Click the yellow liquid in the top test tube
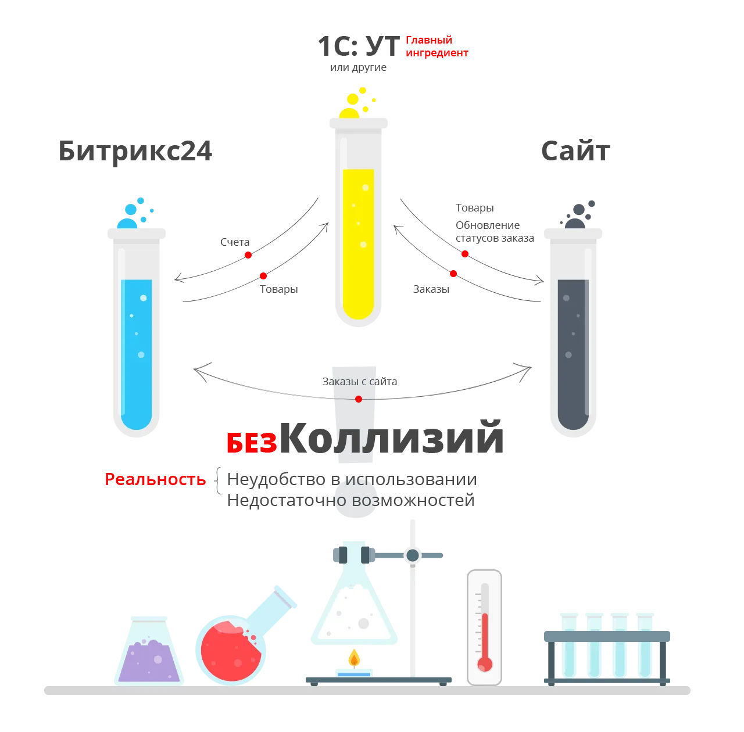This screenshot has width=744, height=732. (x=358, y=244)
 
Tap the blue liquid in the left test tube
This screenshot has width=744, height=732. (x=137, y=354)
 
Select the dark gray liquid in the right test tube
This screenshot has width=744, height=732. (x=573, y=354)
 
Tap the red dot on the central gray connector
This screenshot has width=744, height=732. (x=359, y=399)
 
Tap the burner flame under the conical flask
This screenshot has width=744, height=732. (x=353, y=660)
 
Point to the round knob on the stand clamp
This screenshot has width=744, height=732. (x=413, y=555)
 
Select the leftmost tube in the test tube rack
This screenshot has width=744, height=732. (x=568, y=645)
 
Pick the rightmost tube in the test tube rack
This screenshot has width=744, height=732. (x=645, y=645)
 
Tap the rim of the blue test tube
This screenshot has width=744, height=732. (x=137, y=235)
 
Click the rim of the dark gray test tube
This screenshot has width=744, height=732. (x=574, y=235)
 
